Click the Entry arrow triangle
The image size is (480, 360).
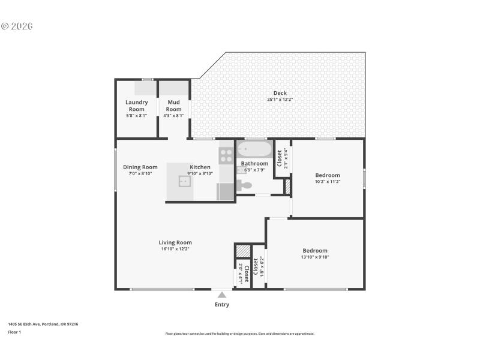(x=222, y=295)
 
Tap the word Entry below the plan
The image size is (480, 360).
(x=222, y=305)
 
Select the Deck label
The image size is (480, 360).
(x=280, y=93)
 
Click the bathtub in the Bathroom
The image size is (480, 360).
(x=254, y=149)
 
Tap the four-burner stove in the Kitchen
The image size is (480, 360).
(x=226, y=156)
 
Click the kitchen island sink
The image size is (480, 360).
(x=184, y=181)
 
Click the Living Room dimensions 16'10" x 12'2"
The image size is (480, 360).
(x=175, y=249)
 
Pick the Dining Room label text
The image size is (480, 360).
(x=140, y=167)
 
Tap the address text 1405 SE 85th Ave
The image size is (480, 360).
(x=43, y=324)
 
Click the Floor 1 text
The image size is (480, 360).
(x=14, y=332)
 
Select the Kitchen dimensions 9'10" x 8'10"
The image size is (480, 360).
(x=200, y=173)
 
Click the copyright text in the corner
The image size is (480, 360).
(x=17, y=26)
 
